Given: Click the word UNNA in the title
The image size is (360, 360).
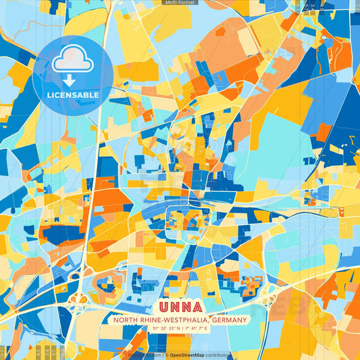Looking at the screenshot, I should [x=180, y=305].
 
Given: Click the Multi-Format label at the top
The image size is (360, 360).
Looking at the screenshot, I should [x=180, y=3].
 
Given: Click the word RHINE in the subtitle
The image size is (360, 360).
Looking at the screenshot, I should [x=151, y=320].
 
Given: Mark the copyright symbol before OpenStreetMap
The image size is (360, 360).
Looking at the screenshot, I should [x=166, y=355].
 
